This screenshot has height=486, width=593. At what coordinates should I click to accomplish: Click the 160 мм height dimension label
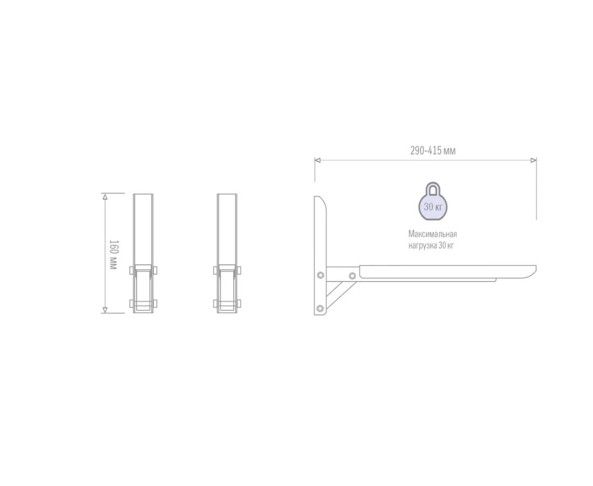[113, 255]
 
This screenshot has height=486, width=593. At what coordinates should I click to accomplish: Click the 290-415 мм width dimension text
[433, 151]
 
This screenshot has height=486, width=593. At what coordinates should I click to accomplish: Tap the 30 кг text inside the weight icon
[433, 207]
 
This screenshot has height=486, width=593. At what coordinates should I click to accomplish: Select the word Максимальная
[433, 234]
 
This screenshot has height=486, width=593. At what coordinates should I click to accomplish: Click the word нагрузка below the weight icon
[423, 246]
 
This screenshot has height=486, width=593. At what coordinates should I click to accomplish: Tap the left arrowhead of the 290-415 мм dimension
[318, 160]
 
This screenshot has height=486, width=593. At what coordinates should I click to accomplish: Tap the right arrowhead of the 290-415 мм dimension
[534, 160]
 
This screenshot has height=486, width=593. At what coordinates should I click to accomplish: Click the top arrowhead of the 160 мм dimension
[105, 196]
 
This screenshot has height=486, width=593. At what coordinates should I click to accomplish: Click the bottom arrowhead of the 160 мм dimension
[105, 310]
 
